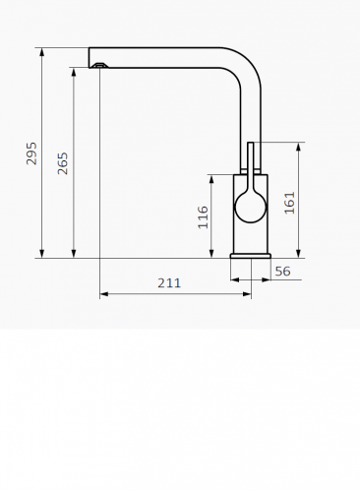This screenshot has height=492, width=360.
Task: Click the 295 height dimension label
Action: tap(30, 154)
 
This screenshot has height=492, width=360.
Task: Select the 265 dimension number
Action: tap(63, 163)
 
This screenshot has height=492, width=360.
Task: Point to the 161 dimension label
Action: tap(289, 205)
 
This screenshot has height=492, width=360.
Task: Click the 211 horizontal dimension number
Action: tap(169, 283)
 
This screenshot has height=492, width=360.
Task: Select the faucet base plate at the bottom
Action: tap(250, 256)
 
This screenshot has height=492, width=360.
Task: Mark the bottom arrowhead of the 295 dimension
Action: tap(41, 254)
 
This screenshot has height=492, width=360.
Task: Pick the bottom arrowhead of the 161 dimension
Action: tap(298, 254)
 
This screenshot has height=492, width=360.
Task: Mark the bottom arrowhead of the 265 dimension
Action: tap(74, 254)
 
